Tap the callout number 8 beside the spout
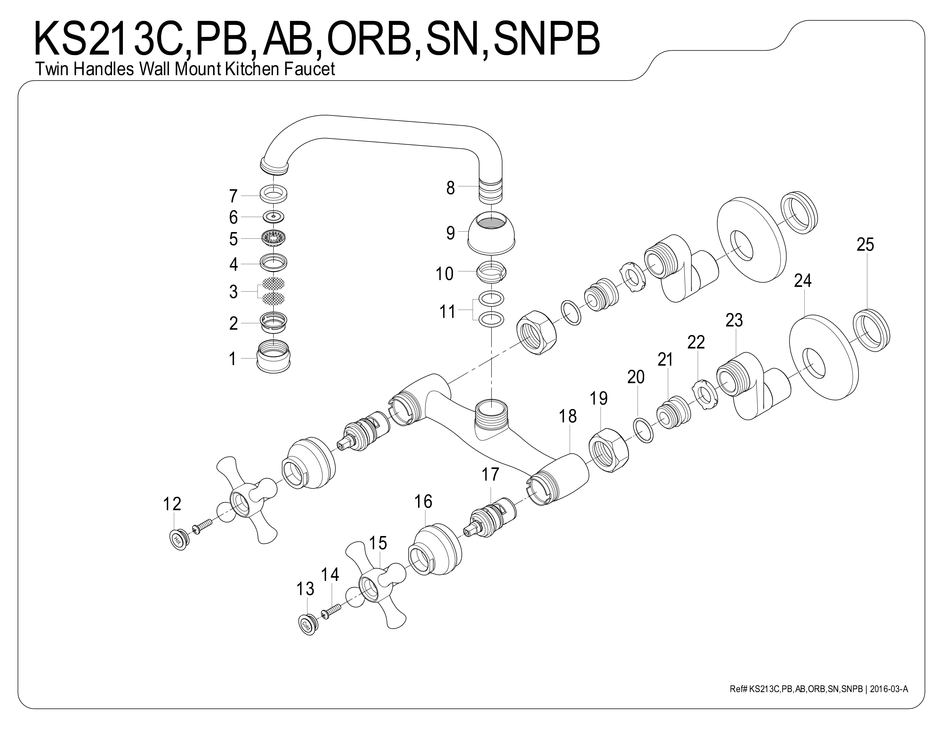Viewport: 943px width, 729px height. point(450,188)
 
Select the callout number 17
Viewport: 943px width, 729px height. point(490,475)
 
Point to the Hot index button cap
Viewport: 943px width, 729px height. point(178,539)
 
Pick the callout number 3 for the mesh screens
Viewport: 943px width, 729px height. point(233,292)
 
